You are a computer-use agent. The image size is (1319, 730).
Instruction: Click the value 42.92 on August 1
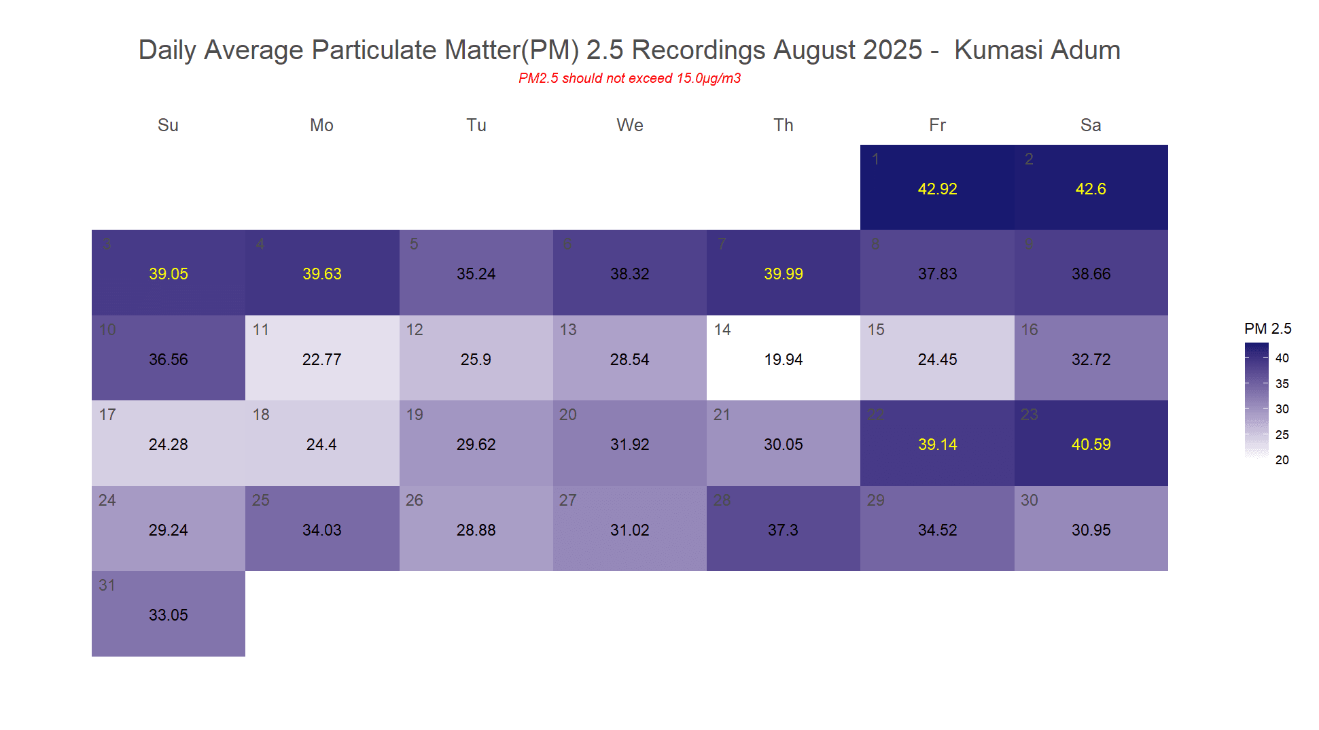[x=937, y=189]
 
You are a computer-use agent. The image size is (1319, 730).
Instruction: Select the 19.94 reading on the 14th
[x=783, y=360]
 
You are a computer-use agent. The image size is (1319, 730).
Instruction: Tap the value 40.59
[x=1091, y=445]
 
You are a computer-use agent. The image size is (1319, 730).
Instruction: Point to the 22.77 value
[x=321, y=360]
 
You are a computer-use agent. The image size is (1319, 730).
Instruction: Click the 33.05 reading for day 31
[x=168, y=615]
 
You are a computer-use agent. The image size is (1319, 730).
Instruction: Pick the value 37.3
[x=783, y=530]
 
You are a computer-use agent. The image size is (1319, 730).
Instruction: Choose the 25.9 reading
[x=476, y=360]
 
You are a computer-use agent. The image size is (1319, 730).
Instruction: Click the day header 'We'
[x=629, y=125]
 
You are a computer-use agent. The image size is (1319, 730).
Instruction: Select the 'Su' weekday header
[x=168, y=125]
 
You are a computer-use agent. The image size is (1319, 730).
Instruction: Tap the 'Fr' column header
[x=937, y=125]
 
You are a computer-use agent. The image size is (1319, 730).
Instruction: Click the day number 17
[x=107, y=415]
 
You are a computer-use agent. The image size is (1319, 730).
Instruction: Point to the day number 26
[x=415, y=500]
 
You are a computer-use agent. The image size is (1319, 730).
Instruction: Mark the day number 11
[x=261, y=330]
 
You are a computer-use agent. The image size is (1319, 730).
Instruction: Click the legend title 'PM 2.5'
[x=1267, y=329]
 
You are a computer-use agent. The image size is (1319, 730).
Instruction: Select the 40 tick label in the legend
[x=1282, y=358]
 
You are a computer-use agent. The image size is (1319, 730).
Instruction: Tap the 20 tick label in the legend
[x=1282, y=460]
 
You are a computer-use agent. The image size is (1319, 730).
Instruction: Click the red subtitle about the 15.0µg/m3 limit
[x=629, y=78]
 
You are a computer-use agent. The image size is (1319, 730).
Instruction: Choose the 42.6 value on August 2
[x=1091, y=189]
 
